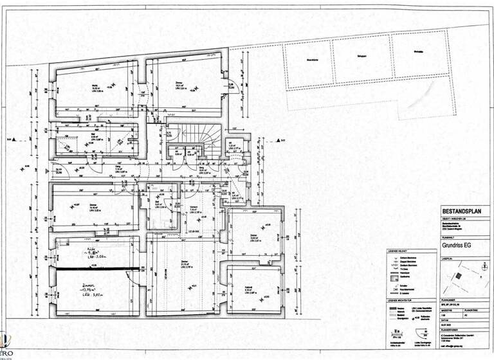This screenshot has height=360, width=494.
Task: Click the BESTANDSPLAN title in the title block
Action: point(460,212)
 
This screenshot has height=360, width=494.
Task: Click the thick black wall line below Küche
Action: point(96,267)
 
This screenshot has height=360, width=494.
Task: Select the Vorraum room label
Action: point(192,207)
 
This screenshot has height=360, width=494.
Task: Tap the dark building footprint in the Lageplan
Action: point(459,275)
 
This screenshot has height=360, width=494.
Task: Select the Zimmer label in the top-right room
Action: point(179,83)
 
